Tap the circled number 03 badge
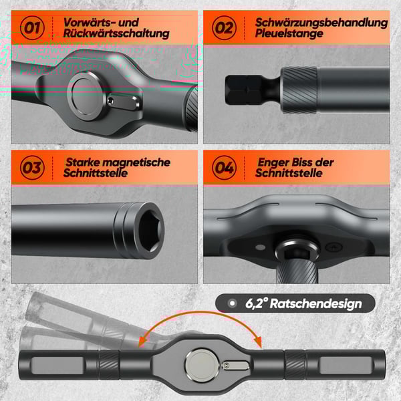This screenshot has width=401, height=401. click(31, 167)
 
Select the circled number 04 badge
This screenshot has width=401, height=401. click(223, 167)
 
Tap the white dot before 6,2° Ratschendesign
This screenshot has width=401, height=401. click(232, 303)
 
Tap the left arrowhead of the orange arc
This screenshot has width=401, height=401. click(142, 342)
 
